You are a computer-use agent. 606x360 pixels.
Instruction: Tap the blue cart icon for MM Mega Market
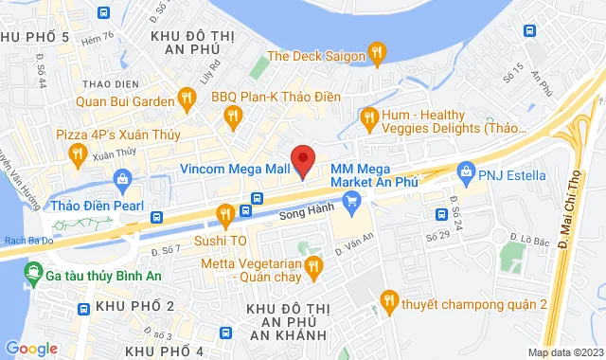point(352,200)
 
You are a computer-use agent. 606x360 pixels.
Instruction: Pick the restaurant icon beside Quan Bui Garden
point(187,97)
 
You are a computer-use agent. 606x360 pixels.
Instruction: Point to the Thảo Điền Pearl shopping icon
point(122,177)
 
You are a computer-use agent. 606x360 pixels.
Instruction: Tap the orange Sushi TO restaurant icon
point(225,216)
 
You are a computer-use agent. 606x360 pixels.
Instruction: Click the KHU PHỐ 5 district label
point(37,36)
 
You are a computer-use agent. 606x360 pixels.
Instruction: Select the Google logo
point(30,348)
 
